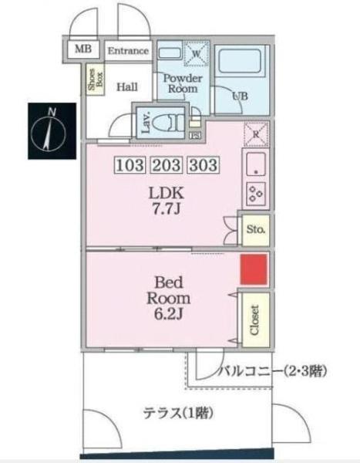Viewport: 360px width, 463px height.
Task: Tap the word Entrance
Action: [128, 51]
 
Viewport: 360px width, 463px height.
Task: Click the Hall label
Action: [127, 86]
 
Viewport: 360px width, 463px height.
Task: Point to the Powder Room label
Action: [181, 83]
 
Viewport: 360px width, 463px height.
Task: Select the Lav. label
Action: [145, 121]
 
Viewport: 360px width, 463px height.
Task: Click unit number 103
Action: [130, 164]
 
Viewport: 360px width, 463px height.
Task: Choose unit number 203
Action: [167, 164]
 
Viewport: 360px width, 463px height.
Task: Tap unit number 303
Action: [203, 164]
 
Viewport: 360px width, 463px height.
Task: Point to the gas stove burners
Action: [255, 193]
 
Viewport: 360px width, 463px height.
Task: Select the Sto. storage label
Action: [255, 229]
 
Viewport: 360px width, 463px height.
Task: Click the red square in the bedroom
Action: [254, 269]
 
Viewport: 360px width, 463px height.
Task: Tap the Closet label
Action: [255, 318]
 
